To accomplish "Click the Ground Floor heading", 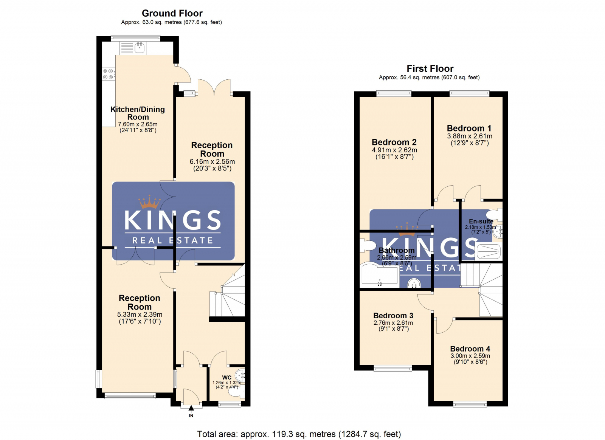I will (x=172, y=13).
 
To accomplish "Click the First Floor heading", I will (x=430, y=68).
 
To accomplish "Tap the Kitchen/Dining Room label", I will (x=138, y=113).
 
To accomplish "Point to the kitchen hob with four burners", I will (x=109, y=74).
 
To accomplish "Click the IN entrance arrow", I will (x=191, y=408).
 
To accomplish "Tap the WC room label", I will (x=227, y=377).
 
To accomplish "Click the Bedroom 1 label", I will (x=469, y=128).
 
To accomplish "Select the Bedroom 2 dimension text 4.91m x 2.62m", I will (x=394, y=150).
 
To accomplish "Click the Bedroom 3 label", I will (x=393, y=315).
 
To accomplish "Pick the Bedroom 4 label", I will (x=470, y=349).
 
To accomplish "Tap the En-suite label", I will (x=481, y=221).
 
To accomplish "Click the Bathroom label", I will (x=396, y=250).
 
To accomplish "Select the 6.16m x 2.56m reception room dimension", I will (x=212, y=161).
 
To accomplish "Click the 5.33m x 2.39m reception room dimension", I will (x=140, y=315).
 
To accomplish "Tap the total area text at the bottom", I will (x=299, y=434).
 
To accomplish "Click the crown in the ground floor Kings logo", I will (x=149, y=203).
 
